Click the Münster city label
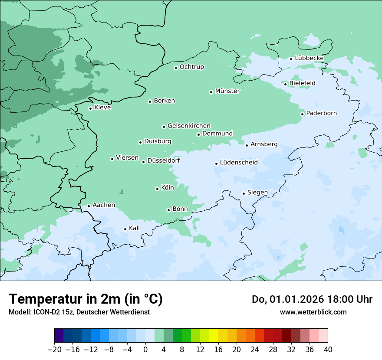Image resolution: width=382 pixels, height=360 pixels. click(x=227, y=91)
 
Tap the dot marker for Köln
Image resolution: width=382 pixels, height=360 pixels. click(x=157, y=189)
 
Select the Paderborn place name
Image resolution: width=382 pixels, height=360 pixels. click(x=321, y=113)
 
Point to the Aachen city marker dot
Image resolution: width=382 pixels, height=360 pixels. click(x=89, y=206)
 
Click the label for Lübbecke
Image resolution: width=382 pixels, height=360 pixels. click(x=309, y=58)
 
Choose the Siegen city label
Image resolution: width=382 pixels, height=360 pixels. click(x=257, y=193)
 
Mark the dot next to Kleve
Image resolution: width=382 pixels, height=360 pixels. click(x=90, y=108)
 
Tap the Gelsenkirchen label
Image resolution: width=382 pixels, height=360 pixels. click(x=189, y=126)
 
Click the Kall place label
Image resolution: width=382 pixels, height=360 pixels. click(x=135, y=228)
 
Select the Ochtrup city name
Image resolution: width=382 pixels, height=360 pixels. click(x=191, y=67)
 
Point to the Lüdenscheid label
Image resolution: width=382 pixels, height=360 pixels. click(x=239, y=163)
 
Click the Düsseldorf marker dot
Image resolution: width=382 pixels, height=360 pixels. click(x=143, y=162)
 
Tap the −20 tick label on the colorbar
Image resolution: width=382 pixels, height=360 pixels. click(x=54, y=349)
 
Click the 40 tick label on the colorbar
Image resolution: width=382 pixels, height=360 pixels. click(x=328, y=349)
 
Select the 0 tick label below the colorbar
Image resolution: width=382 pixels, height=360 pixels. click(x=145, y=349)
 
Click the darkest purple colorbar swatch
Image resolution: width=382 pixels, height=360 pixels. click(x=59, y=336)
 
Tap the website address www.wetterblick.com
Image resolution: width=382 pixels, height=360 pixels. click(x=313, y=312)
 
